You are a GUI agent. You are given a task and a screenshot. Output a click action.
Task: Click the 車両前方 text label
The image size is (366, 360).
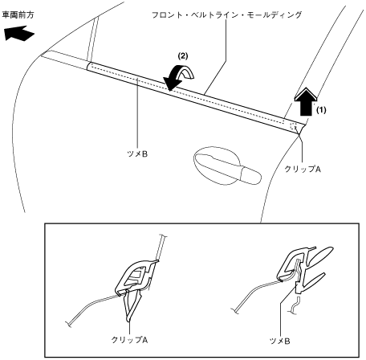pyautogui.click(x=18, y=15)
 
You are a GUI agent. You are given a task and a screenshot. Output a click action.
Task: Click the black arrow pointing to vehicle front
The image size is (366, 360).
pyautogui.click(x=19, y=33)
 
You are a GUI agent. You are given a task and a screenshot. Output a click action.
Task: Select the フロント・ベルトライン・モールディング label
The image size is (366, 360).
pyautogui.click(x=227, y=14)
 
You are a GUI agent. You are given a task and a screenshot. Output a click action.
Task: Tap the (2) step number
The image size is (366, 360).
pyautogui.click(x=183, y=56)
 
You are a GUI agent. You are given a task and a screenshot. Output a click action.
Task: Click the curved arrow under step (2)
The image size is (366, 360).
pyautogui.click(x=179, y=78)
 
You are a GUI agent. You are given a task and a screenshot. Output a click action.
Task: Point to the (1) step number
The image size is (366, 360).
pyautogui.click(x=321, y=110)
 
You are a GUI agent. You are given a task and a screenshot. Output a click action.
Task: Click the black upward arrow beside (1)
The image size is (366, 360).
pyautogui.click(x=306, y=102)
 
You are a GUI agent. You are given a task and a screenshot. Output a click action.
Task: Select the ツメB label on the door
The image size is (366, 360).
pyautogui.click(x=137, y=154)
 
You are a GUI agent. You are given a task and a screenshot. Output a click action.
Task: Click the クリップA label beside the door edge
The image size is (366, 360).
pyautogui.click(x=303, y=169)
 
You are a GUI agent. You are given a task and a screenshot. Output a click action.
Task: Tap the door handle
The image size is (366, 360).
pyautogui.click(x=226, y=166)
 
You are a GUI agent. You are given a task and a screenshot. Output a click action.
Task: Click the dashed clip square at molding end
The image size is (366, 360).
pyautogui.click(x=294, y=126)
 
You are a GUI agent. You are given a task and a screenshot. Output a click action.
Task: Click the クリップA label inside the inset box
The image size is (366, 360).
pyautogui.click(x=129, y=340)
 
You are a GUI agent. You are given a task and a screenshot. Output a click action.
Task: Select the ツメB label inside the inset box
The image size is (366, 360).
pyautogui.click(x=279, y=341)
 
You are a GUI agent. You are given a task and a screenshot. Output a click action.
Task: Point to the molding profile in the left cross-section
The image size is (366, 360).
pyautogui.click(x=134, y=276)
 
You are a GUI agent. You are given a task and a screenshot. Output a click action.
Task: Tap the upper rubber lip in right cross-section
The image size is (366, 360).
pyautogui.click(x=321, y=256)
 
